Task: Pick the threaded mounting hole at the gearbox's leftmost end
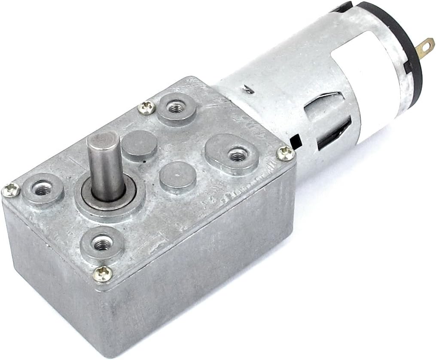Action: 42,188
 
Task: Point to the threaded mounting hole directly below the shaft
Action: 101,244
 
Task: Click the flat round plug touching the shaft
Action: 139,146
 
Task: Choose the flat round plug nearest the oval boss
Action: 177,177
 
